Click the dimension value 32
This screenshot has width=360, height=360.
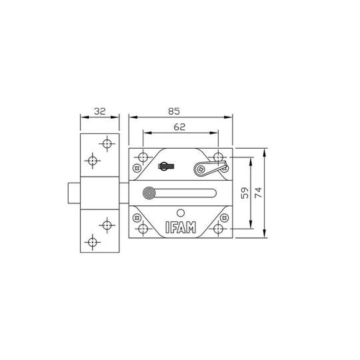click(x=100, y=111)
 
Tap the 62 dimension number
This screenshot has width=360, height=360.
click(x=179, y=127)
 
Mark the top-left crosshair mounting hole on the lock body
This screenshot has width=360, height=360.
click(x=143, y=158)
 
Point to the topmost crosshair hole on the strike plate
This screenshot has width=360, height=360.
click(x=107, y=143)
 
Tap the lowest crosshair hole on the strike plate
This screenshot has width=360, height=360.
click(x=93, y=241)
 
